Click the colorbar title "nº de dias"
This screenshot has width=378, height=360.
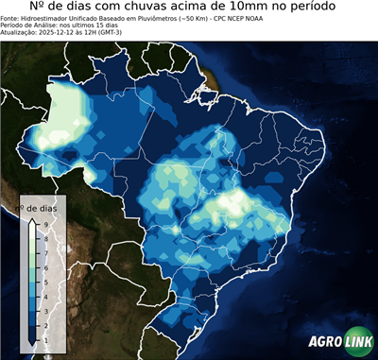(42, 207)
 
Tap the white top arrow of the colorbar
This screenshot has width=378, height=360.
(31, 221)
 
